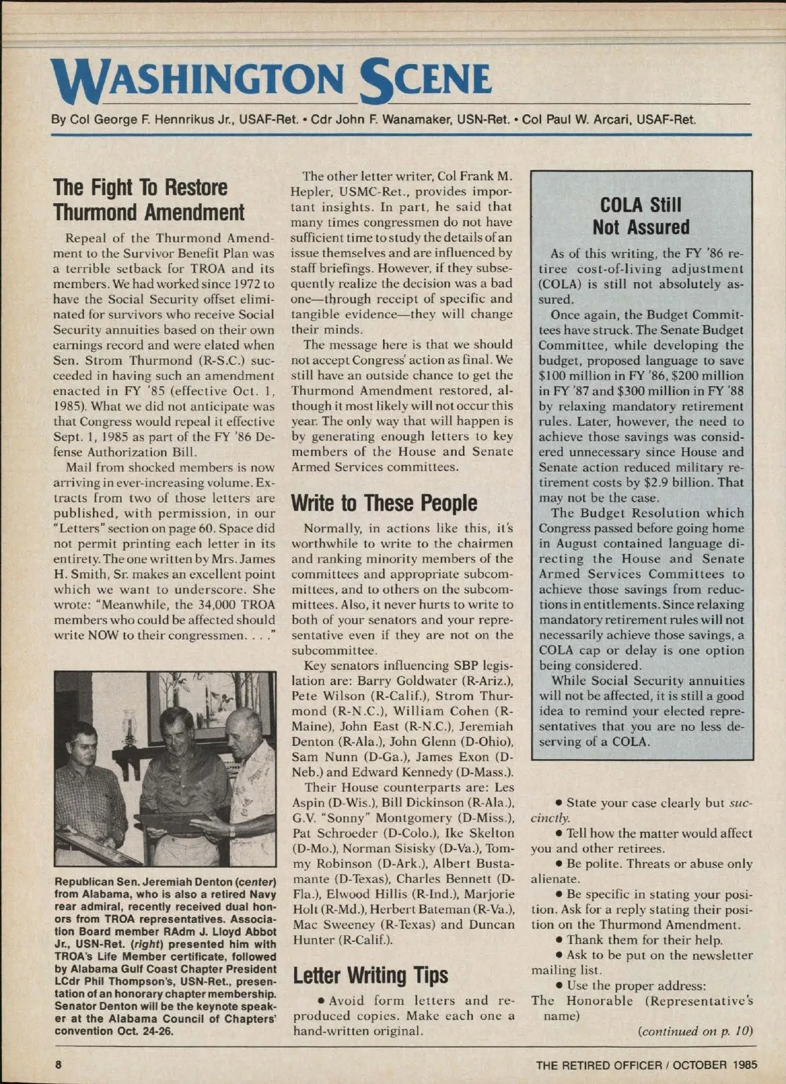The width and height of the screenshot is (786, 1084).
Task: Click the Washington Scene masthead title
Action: pos(272,80)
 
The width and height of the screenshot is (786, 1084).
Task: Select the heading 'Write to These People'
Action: pos(384,503)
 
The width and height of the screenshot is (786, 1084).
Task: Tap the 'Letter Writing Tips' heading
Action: pos(370,975)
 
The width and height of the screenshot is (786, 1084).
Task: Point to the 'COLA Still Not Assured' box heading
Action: pos(641,216)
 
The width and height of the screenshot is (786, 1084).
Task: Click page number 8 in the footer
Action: pos(58,1064)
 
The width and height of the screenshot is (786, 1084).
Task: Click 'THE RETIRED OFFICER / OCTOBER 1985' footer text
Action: pos(646,1065)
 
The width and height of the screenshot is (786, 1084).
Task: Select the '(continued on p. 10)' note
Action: pos(695,1031)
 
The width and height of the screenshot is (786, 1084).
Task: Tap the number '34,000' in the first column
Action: pos(195,605)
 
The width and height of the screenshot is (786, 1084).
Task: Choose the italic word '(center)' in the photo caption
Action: pos(255,882)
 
